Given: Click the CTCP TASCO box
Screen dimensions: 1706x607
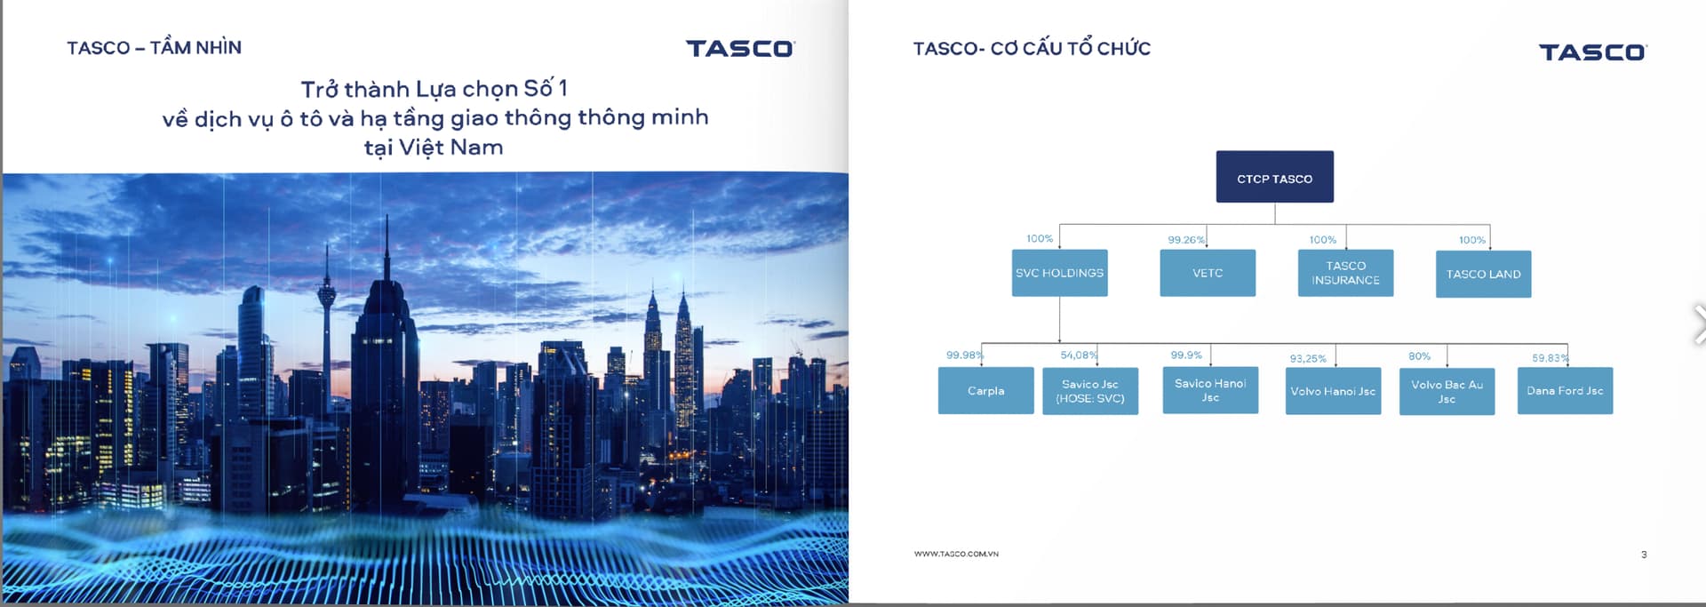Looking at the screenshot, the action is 1274,177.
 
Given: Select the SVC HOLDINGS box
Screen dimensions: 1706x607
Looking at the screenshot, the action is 1059,273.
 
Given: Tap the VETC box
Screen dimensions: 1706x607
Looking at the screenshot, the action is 1208,273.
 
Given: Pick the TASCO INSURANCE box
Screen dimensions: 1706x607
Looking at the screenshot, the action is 1345,273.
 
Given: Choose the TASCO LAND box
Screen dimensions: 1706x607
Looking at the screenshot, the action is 1483,274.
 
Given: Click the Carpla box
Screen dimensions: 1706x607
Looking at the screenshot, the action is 985,390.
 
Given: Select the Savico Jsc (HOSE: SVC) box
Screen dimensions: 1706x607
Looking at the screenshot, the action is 1090,391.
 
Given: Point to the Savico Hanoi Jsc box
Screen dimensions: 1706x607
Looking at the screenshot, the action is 1210,390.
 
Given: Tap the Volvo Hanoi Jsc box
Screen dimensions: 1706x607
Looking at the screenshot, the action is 1333,391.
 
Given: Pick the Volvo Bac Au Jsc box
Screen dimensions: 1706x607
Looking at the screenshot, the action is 1447,391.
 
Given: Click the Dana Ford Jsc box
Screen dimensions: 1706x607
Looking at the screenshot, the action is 1565,391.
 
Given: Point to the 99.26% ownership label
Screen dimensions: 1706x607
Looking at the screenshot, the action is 1186,240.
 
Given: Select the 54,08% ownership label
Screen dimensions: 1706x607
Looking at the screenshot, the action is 1079,355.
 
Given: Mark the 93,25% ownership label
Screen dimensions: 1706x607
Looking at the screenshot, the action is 1308,358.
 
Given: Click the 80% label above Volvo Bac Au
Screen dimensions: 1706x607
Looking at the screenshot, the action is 1419,356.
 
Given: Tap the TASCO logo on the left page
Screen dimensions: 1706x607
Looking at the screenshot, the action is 740,48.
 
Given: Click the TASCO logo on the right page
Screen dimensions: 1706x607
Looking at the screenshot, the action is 1593,52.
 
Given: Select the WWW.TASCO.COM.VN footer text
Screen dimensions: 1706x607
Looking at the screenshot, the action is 956,554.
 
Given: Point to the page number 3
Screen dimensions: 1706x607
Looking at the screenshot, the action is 1644,555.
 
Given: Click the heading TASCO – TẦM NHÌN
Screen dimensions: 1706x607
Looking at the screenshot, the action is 154,47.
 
